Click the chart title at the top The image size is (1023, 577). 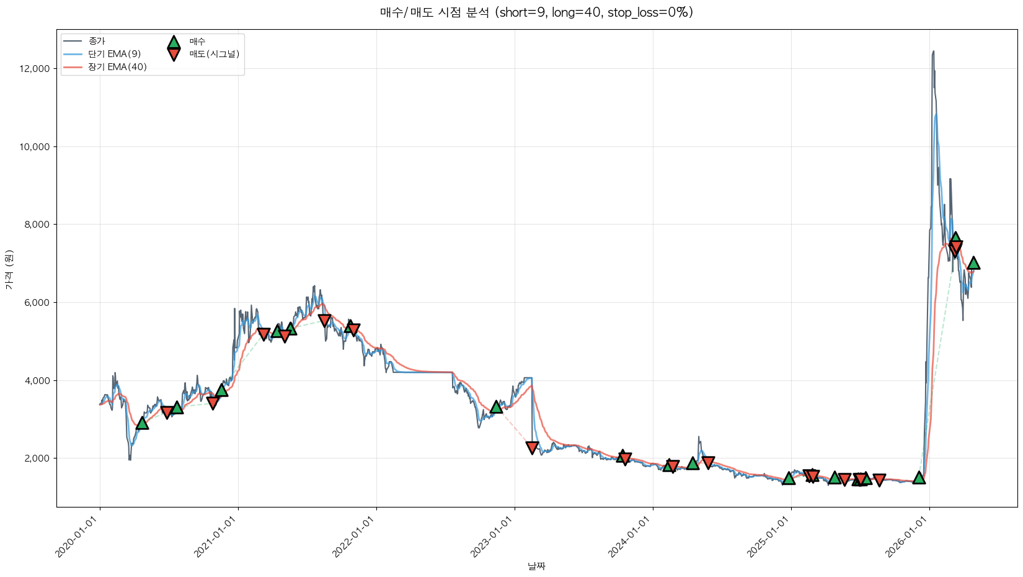tap(536, 12)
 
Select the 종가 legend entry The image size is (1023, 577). tap(97, 41)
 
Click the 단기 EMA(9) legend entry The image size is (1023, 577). tap(114, 54)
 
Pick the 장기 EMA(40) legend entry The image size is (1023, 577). tap(117, 67)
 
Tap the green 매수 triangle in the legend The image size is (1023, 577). tap(174, 42)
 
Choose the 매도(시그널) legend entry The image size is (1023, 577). tap(214, 54)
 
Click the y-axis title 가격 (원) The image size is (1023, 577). tap(9, 269)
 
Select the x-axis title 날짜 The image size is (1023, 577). tap(536, 566)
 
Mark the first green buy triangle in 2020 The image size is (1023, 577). tap(142, 423)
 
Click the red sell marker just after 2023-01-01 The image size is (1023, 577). tap(532, 447)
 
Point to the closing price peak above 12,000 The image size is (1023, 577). tap(933, 52)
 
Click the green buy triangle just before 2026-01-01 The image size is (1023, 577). tap(919, 477)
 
